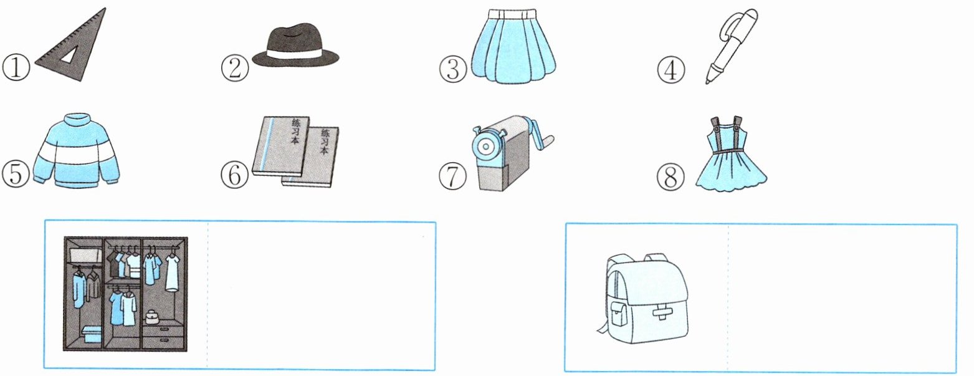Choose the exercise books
pos(296,152)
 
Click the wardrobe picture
pos(125,293)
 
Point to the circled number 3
pos(453,69)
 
